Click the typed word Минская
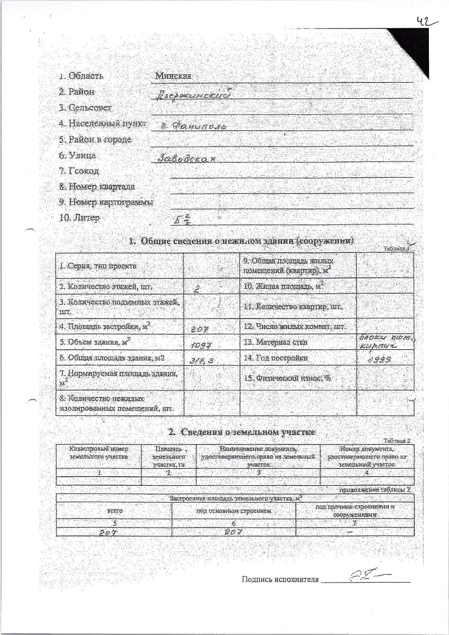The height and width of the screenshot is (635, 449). tap(173, 76)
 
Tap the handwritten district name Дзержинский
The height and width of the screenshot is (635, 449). tap(188, 95)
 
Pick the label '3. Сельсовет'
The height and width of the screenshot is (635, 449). tap(86, 108)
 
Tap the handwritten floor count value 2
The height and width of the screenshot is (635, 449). tap(196, 288)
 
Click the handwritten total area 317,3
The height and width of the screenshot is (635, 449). tap(202, 360)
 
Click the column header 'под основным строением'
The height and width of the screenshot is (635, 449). tap(234, 511)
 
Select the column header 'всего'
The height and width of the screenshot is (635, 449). tap(115, 511)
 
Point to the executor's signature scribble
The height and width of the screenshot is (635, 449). tap(365, 576)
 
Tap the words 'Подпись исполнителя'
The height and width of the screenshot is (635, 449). tap(280, 579)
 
